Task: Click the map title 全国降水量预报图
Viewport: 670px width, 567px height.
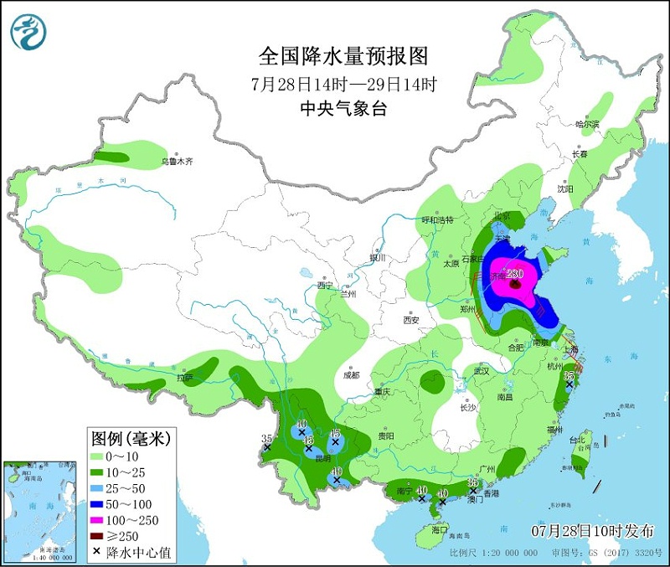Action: pos(343,56)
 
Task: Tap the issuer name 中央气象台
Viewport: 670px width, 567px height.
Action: pos(343,109)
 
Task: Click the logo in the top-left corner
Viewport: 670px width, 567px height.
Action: pos(28,31)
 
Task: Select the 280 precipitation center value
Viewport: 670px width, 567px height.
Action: pos(514,274)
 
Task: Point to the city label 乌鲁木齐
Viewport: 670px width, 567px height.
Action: pos(177,161)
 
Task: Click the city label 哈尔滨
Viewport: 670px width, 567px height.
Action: pos(587,124)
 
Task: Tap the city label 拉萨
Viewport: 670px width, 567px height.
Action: pos(184,378)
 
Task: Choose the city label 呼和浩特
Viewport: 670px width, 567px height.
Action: pos(436,219)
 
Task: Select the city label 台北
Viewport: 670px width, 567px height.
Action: pos(578,440)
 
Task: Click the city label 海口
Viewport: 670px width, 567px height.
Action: pos(440,530)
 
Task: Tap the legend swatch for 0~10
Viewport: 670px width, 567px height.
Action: pos(99,456)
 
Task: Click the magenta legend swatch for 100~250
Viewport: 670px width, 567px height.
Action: pos(99,521)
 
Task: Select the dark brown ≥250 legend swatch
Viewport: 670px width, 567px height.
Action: pos(99,537)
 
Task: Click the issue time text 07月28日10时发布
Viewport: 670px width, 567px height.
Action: pos(594,531)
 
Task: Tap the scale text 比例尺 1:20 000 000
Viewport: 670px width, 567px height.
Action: pos(494,554)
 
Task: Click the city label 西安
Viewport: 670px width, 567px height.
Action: pos(410,319)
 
